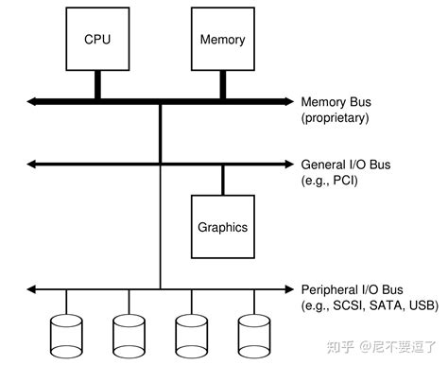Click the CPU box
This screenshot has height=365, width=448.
coord(97,41)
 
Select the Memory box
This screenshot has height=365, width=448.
coord(223,41)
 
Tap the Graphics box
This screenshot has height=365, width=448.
coord(223,227)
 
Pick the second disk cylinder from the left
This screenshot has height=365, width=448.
coord(129,332)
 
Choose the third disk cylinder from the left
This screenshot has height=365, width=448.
coord(192,332)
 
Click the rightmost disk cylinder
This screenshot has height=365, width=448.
coord(254,332)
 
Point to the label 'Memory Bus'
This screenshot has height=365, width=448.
coord(336,101)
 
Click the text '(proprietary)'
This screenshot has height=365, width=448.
coord(335,117)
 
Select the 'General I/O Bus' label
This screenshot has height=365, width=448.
coord(344,165)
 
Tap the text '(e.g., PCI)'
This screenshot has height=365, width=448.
coord(330,181)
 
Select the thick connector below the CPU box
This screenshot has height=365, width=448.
coord(97,85)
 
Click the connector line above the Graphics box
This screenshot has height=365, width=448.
coord(223,180)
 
